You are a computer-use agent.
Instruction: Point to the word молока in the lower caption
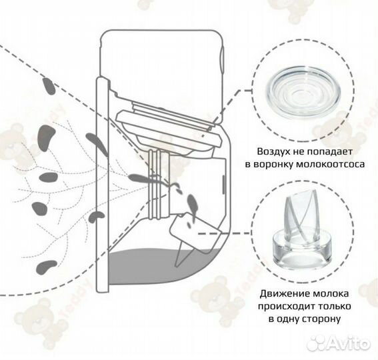pos(331,294)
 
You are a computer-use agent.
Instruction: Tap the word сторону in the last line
pos(321,319)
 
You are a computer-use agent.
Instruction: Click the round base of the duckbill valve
pos(302,249)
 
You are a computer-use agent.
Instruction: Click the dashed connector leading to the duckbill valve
pos(224,233)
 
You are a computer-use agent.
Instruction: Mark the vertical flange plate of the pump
pos(102,185)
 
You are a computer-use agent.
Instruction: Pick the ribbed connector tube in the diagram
pos(158,185)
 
